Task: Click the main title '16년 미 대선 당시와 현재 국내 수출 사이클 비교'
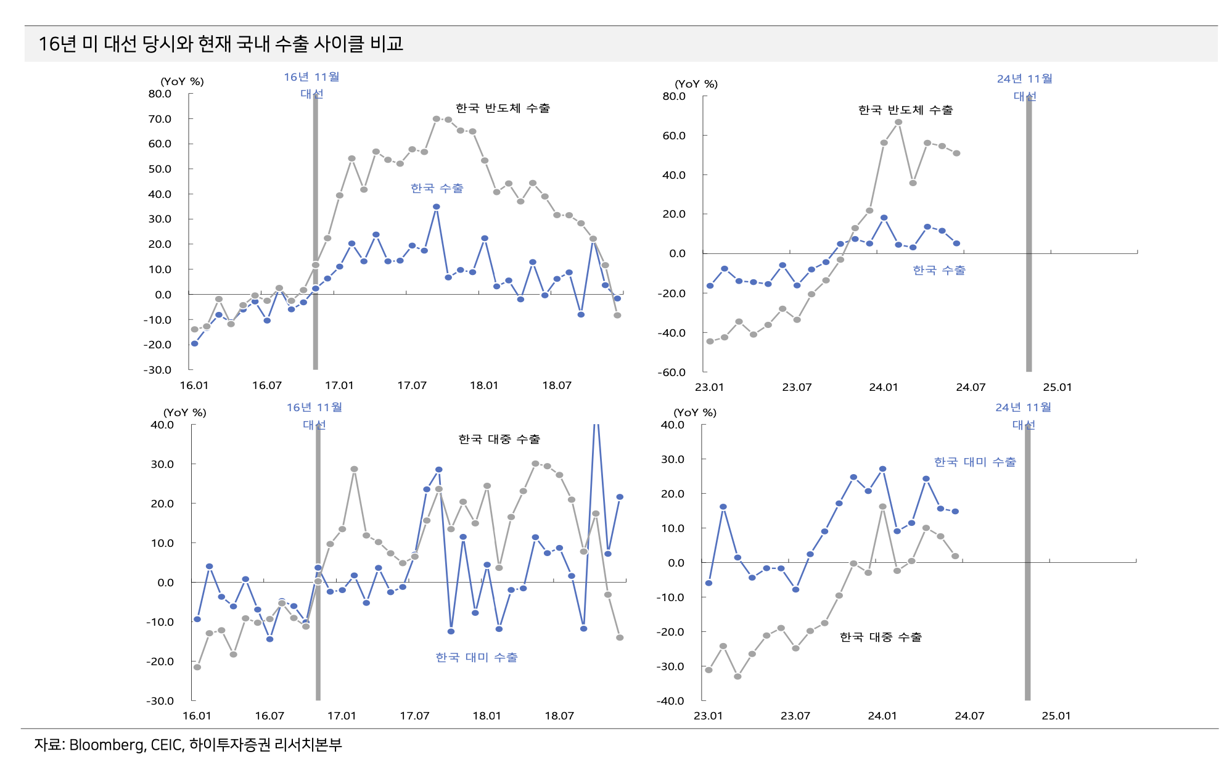(x=221, y=44)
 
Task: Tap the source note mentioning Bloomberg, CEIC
(x=188, y=745)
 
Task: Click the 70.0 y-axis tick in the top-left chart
(x=160, y=119)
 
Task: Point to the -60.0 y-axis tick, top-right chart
(x=671, y=372)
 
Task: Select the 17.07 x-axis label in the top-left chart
(x=412, y=385)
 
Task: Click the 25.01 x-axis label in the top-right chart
(x=1057, y=387)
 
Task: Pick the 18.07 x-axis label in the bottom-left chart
(x=559, y=716)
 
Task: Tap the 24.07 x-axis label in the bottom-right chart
(x=969, y=716)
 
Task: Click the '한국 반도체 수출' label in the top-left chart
(x=503, y=109)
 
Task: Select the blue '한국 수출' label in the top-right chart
(x=939, y=270)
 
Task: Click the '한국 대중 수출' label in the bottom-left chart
(x=499, y=439)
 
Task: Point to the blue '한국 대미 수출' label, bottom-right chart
(x=975, y=462)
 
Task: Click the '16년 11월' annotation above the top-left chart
(x=311, y=77)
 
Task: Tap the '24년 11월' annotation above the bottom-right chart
(x=1023, y=408)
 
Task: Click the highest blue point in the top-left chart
(x=436, y=207)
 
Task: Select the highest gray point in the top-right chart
(x=898, y=122)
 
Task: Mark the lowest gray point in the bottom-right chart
(x=737, y=676)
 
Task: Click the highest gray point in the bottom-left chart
(x=535, y=464)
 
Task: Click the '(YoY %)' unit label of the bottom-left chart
(x=184, y=412)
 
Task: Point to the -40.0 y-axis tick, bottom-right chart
(x=671, y=701)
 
